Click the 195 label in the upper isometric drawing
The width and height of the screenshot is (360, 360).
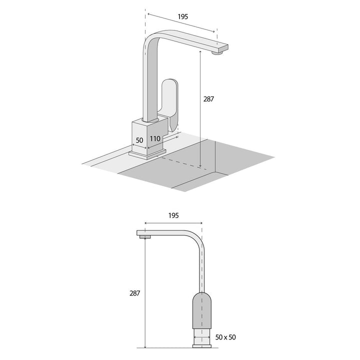tap(183, 16)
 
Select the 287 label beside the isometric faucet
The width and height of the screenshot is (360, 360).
tap(208, 99)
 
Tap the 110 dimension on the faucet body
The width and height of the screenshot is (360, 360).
tap(154, 138)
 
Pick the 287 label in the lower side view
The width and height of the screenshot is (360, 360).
tap(134, 293)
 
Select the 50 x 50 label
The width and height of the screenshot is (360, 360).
tap(226, 337)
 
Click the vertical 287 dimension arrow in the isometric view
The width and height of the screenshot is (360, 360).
tap(200, 110)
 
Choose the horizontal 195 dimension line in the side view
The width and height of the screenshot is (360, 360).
tap(172, 223)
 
